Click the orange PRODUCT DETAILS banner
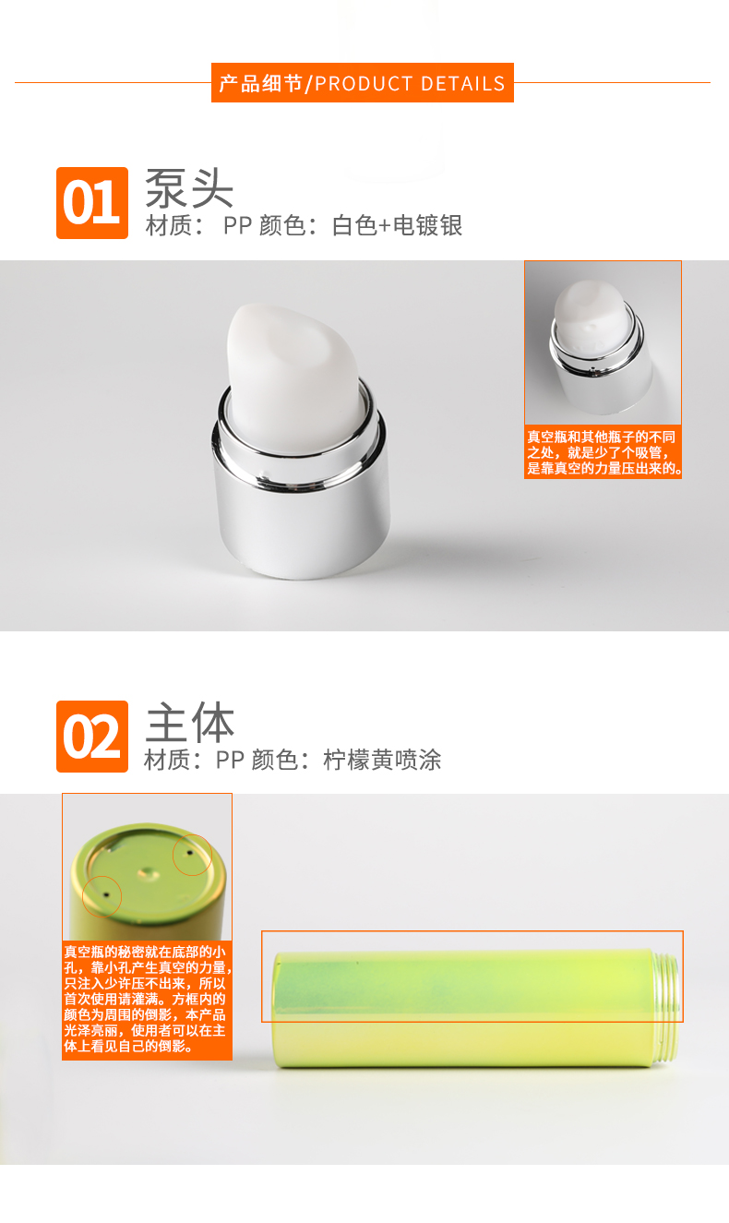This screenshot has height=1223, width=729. (x=363, y=82)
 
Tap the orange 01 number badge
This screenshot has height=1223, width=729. (x=92, y=203)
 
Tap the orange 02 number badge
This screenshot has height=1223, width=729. (x=92, y=737)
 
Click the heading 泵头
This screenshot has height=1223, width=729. (x=189, y=187)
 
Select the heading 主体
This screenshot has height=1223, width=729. (x=190, y=722)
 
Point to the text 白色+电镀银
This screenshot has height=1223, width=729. (x=397, y=225)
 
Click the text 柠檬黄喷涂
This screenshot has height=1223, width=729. (x=382, y=760)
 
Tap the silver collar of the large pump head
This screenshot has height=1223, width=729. (x=301, y=491)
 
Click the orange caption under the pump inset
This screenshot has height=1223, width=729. (x=603, y=452)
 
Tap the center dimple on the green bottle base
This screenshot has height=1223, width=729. (x=149, y=874)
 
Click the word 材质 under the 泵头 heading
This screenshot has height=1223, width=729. (x=169, y=225)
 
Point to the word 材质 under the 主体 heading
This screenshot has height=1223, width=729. (x=166, y=760)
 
